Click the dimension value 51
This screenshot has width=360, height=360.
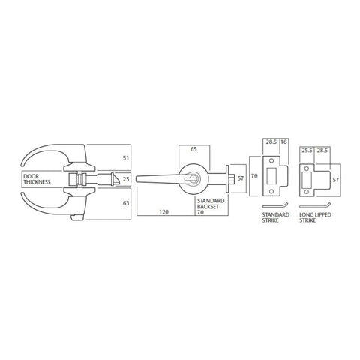click(x=125, y=158)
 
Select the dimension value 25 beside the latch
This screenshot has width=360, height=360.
click(x=125, y=179)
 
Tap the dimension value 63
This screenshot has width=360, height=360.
click(x=125, y=202)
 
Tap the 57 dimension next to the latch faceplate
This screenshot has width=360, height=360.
click(x=241, y=179)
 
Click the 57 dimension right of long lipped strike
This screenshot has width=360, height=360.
click(x=335, y=180)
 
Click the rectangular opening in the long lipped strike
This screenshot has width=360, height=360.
click(x=308, y=180)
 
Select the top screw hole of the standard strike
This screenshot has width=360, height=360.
click(x=270, y=162)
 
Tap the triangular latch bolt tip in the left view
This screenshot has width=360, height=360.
click(x=114, y=180)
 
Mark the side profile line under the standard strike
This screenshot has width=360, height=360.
click(x=274, y=208)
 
